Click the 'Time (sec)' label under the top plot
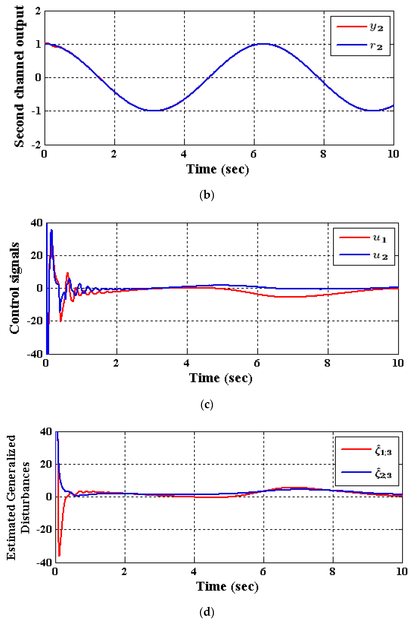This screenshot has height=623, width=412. click(x=218, y=169)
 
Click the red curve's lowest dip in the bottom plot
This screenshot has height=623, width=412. click(x=59, y=556)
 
